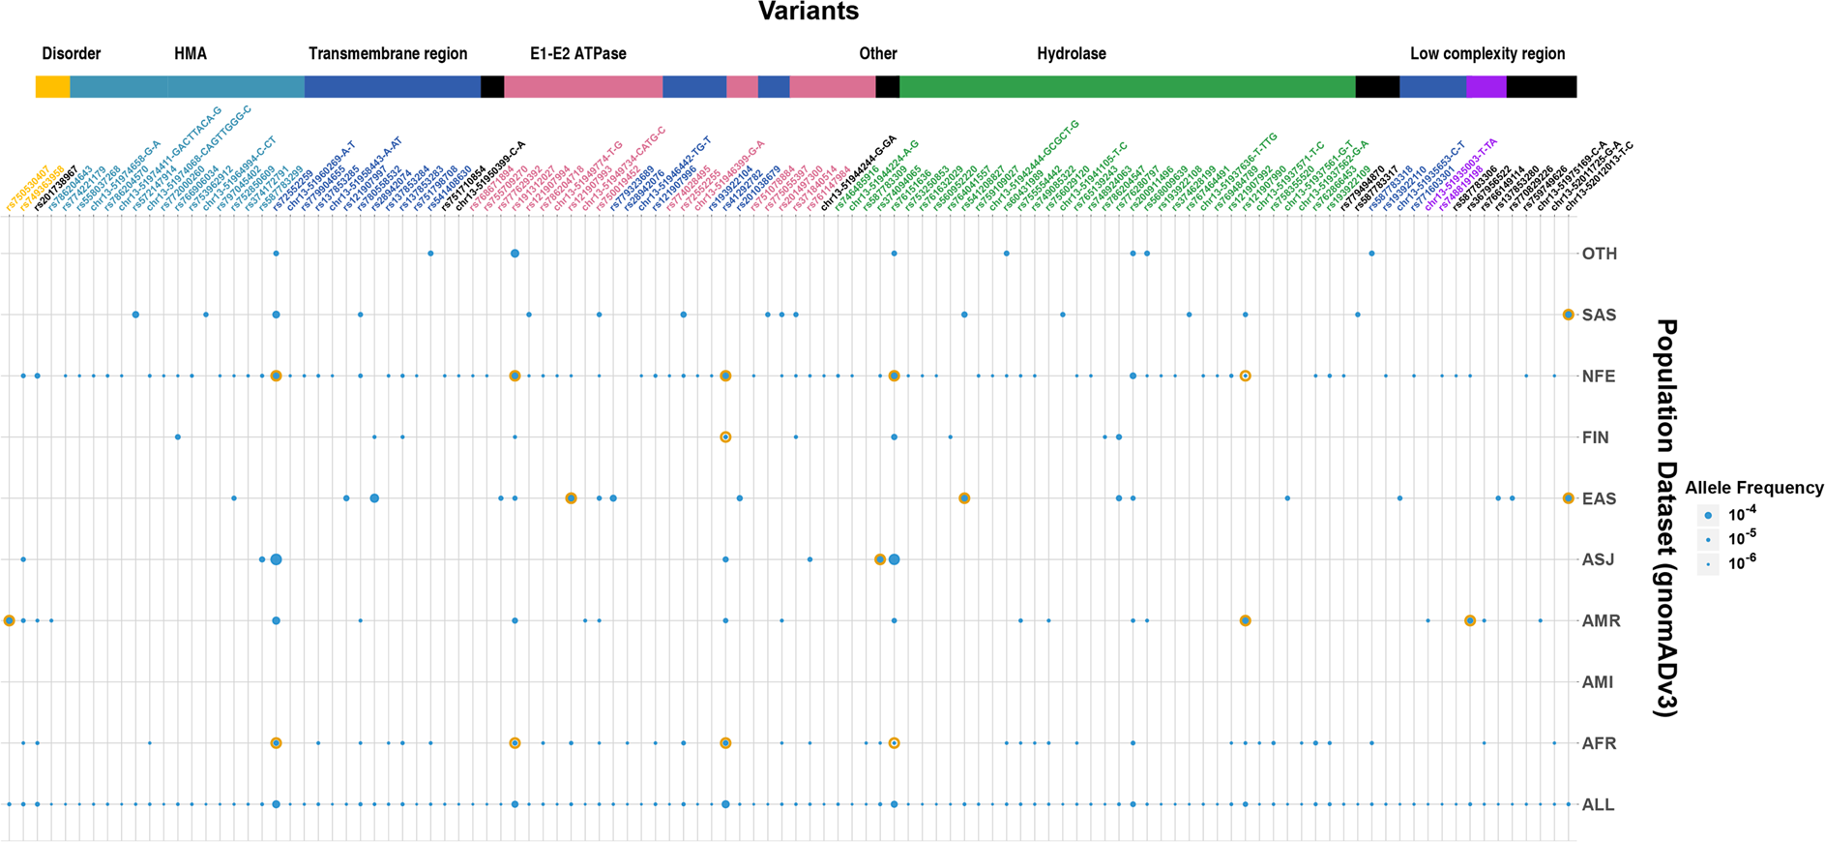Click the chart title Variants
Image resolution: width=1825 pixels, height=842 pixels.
pos(808,12)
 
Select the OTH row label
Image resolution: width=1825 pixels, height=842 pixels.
pos(1599,254)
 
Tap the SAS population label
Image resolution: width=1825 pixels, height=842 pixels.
pos(1599,316)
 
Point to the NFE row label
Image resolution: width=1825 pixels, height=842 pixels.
pos(1599,376)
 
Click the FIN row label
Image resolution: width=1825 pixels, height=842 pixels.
pos(1595,437)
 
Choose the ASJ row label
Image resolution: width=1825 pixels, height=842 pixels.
pos(1598,559)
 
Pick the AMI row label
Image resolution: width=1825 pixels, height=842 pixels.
pos(1597,682)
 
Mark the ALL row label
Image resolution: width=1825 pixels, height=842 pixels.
pos(1597,804)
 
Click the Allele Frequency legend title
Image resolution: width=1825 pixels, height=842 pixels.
pos(1753,488)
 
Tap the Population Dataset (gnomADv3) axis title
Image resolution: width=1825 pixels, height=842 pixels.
pos(1664,518)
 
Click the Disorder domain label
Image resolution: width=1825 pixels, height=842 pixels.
pos(72,54)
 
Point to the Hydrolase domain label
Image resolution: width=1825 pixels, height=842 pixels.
pos(1071,54)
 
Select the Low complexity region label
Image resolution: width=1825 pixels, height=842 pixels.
pos(1486,54)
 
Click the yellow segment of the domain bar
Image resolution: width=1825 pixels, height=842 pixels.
pos(52,87)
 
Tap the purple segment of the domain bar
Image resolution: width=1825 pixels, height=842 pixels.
pos(1486,87)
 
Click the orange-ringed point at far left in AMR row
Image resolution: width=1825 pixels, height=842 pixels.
pos(10,620)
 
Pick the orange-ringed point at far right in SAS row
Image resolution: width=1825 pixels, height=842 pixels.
pos(1568,315)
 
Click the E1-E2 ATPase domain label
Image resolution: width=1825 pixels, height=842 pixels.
pos(577,54)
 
